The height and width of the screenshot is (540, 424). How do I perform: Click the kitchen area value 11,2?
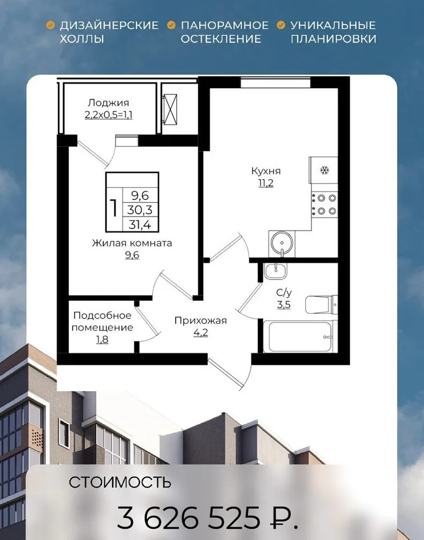[x=266, y=183]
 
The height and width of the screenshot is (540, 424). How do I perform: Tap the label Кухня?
[x=266, y=171]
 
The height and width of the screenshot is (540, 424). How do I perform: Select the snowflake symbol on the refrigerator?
[x=324, y=170]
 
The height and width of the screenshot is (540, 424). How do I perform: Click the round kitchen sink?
[x=282, y=243]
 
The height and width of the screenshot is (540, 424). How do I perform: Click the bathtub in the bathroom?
[x=300, y=336]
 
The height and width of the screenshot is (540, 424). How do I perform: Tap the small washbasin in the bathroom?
[x=275, y=271]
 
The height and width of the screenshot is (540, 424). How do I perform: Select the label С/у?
[x=284, y=293]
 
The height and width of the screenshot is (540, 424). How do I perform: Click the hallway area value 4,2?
[x=200, y=333]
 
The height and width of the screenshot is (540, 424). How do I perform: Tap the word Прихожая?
[x=200, y=321]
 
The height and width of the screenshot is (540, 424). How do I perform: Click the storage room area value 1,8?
[x=102, y=340]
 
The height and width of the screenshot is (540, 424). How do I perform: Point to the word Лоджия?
[x=109, y=103]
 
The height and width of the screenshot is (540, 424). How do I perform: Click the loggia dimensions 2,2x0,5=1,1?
[x=109, y=114]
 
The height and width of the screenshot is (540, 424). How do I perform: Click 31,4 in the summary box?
[x=140, y=225]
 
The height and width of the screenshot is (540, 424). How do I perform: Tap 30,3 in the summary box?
[x=140, y=210]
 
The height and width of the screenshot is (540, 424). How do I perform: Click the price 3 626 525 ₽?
[x=207, y=517]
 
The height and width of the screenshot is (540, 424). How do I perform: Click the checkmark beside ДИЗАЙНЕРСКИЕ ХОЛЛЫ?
[x=51, y=25]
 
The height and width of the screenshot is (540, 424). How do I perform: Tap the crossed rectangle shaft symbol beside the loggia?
[x=170, y=110]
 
